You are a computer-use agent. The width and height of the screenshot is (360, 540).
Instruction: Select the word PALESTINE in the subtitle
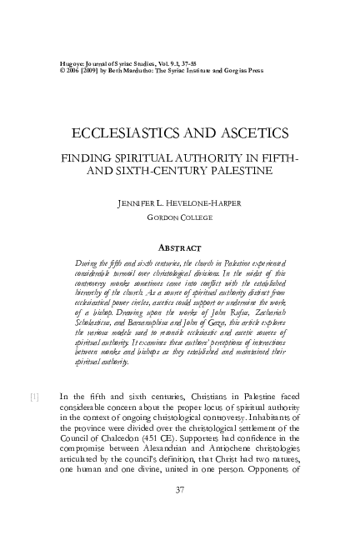(x=247, y=171)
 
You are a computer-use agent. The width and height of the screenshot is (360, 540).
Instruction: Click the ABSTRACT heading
(x=181, y=247)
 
